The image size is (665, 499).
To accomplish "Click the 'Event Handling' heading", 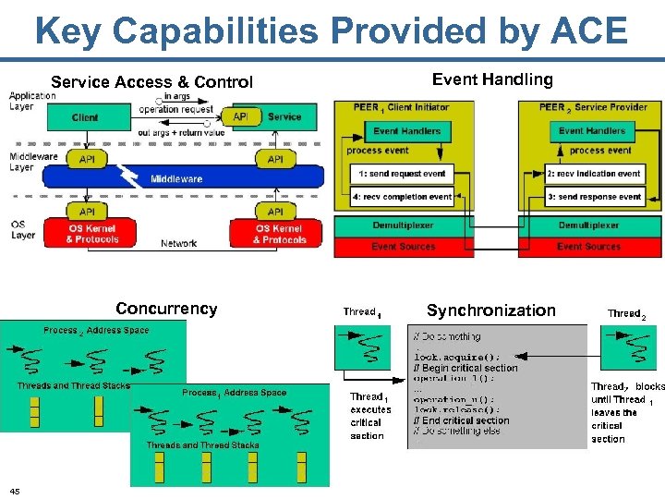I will [x=492, y=79].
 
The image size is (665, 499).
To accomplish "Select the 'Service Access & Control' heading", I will [x=151, y=82].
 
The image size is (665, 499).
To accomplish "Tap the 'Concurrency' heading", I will [x=166, y=309].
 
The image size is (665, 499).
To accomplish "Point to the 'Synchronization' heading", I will [x=491, y=310].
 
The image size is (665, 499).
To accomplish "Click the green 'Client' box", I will [x=85, y=117].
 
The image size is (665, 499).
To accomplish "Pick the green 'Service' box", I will [x=284, y=117].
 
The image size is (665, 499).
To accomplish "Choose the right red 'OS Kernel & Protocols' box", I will [x=279, y=234].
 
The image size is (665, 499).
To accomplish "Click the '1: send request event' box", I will [x=402, y=174].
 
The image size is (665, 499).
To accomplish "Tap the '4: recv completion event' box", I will [x=402, y=197].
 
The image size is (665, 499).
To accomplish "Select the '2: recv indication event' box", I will [x=594, y=174].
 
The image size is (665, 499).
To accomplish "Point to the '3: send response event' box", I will [x=594, y=197].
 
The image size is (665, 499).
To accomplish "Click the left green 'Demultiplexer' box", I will [x=403, y=225].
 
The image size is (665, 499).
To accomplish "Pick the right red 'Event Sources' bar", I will [x=588, y=247].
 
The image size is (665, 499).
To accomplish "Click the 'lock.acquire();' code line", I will [x=456, y=357].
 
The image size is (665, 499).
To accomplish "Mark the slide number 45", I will [x=14, y=490].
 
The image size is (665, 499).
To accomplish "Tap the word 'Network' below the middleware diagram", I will [x=178, y=243].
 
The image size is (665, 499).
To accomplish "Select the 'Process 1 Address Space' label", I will [x=234, y=393].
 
